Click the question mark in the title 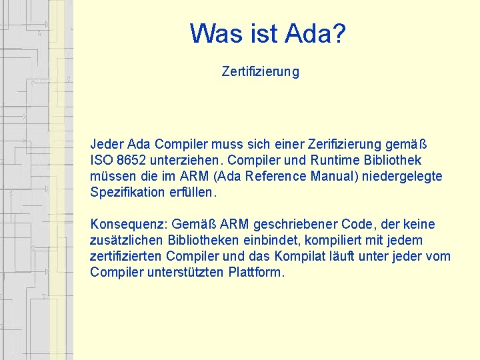(339, 33)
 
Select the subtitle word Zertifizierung (261, 71)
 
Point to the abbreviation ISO (100, 161)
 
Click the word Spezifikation (127, 193)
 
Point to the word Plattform (256, 273)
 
